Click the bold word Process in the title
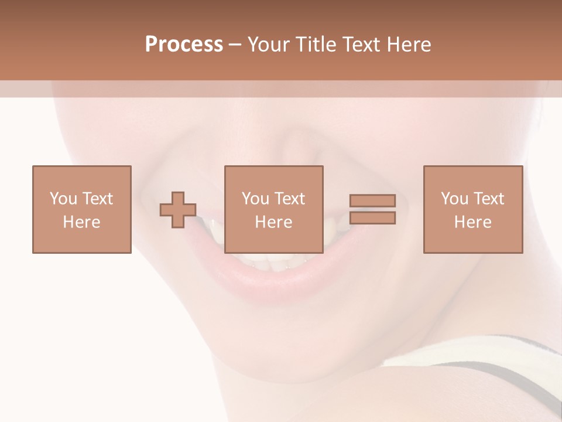184,45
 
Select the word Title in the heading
316,45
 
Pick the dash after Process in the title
235,45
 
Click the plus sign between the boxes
178,210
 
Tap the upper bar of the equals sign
372,200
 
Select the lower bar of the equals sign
372,218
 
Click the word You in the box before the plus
63,199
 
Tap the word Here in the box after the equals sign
472,222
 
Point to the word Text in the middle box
290,199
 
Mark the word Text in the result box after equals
489,199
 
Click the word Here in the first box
81,222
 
